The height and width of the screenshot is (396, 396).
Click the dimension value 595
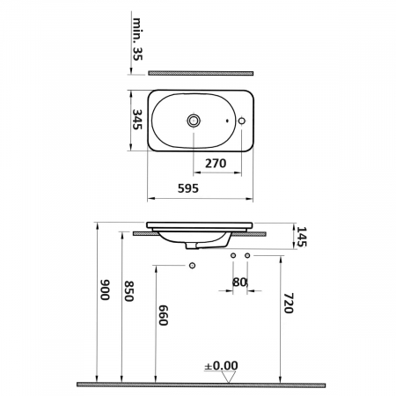[x=187, y=187]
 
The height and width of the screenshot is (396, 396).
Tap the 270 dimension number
[x=217, y=163]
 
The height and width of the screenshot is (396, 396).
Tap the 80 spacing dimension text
[x=239, y=283]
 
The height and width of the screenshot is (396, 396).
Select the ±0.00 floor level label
[x=222, y=364]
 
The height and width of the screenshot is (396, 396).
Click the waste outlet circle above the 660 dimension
[x=191, y=264]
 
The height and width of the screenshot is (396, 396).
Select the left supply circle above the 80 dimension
[x=232, y=255]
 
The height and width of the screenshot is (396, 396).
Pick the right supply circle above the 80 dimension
[x=247, y=255]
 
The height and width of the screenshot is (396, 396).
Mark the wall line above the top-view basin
[x=201, y=72]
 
